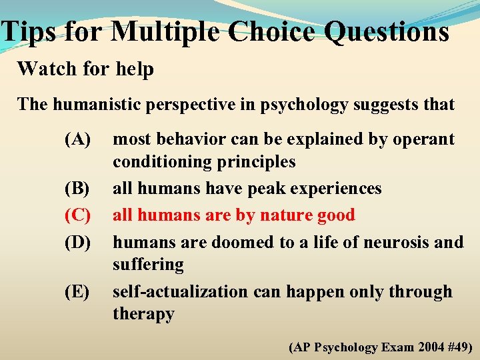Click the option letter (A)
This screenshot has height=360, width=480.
(77, 139)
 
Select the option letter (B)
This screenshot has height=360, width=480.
(77, 189)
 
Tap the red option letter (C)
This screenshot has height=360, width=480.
(77, 215)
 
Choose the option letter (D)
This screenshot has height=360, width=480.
(77, 241)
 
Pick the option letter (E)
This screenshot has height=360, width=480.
(77, 292)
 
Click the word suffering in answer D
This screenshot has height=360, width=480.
(148, 265)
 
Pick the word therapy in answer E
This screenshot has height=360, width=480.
(143, 314)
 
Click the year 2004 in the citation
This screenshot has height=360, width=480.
(423, 347)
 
